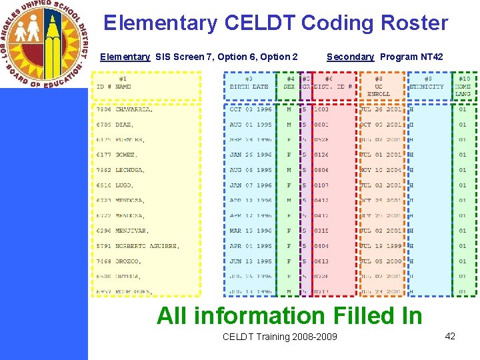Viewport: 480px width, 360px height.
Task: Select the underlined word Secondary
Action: coord(350,57)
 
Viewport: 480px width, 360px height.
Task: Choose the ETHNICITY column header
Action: coord(426,87)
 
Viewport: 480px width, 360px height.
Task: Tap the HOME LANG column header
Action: coord(463,90)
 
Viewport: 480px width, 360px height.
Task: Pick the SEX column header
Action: coord(289,87)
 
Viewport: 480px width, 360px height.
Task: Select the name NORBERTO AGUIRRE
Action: coord(147,246)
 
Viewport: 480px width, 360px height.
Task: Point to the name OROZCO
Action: coord(129,261)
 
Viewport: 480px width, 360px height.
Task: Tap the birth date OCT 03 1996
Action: coord(251,109)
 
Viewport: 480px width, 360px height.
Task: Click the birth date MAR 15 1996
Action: coord(251,231)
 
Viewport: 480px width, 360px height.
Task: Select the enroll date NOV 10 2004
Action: coord(381,170)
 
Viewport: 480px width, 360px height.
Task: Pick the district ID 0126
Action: coord(321,155)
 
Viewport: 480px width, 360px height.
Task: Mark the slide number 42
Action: coord(450,336)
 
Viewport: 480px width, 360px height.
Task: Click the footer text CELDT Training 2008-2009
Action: coord(279,337)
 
